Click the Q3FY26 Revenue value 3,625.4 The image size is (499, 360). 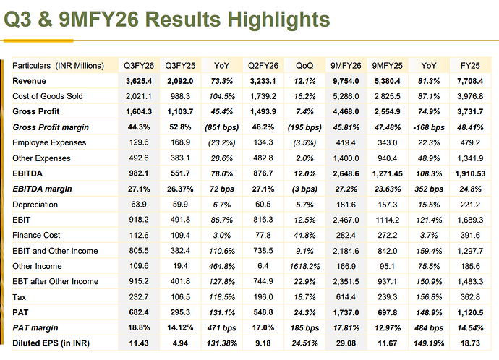[x=137, y=81]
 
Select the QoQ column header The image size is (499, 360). [x=304, y=66]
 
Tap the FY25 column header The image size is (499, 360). [x=470, y=66]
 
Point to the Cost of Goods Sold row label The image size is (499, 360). [x=48, y=96]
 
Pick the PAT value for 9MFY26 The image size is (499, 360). [x=345, y=312]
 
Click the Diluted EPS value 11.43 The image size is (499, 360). [x=137, y=343]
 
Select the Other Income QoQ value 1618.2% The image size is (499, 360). [x=304, y=266]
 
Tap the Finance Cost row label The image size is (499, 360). [x=37, y=235]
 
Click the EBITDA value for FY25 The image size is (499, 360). [x=470, y=173]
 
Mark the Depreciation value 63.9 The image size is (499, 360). [x=137, y=205]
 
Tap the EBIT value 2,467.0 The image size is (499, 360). [x=345, y=220]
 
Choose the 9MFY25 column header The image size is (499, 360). [x=387, y=66]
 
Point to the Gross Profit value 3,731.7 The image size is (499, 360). [x=470, y=112]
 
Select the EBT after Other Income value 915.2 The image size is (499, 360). [x=137, y=281]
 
